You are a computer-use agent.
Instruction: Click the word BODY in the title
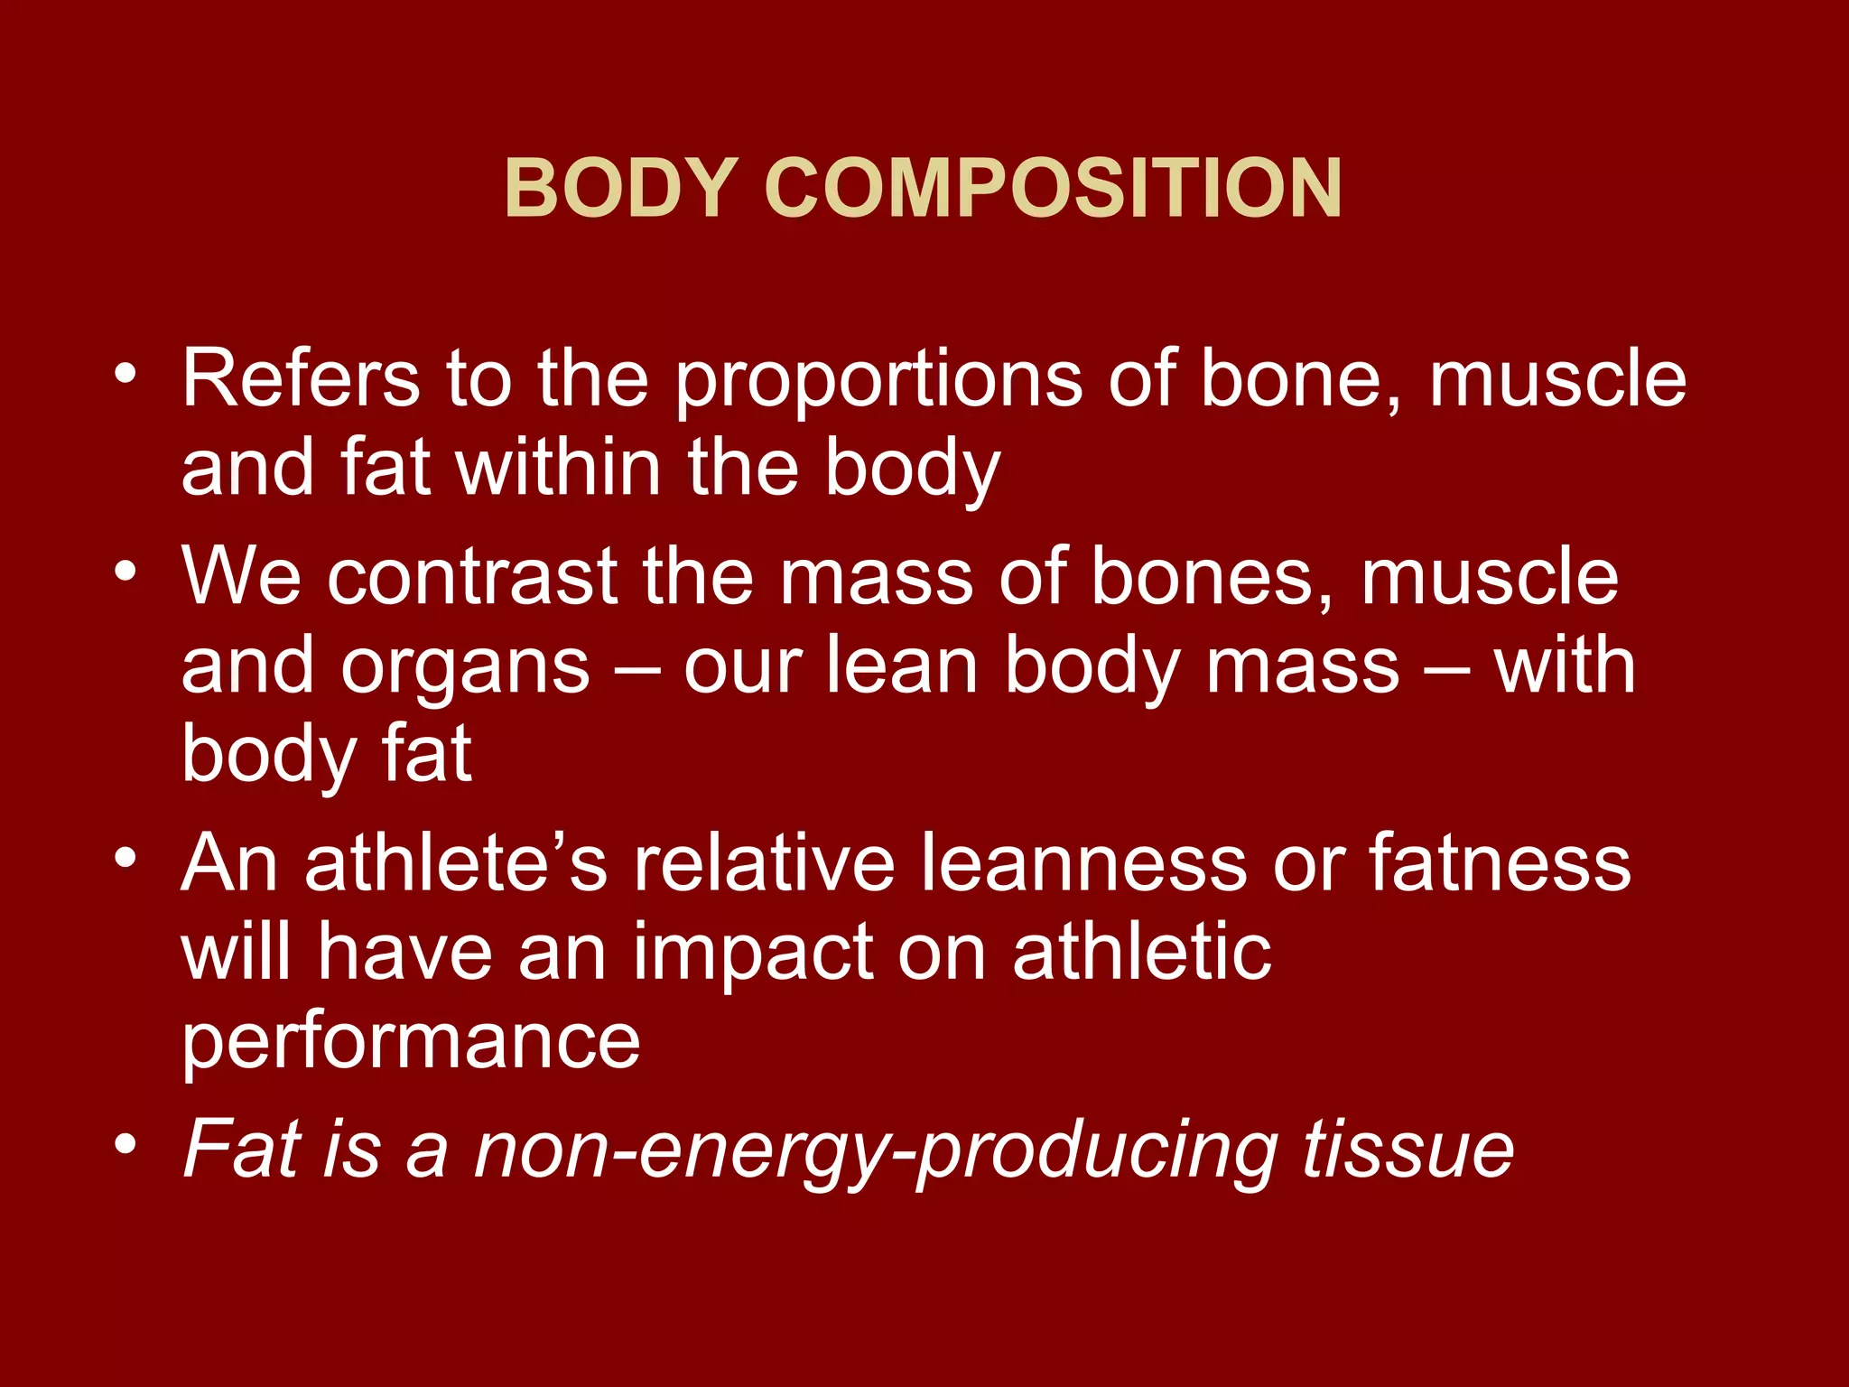click(622, 188)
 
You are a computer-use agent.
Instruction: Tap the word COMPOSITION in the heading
click(1053, 188)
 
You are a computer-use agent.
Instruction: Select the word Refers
click(301, 378)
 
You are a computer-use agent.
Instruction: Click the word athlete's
click(457, 861)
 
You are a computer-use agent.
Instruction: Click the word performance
click(411, 1043)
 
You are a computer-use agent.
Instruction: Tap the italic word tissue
click(1408, 1149)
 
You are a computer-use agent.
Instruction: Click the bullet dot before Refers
click(125, 374)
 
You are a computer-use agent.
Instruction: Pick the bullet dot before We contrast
click(125, 571)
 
